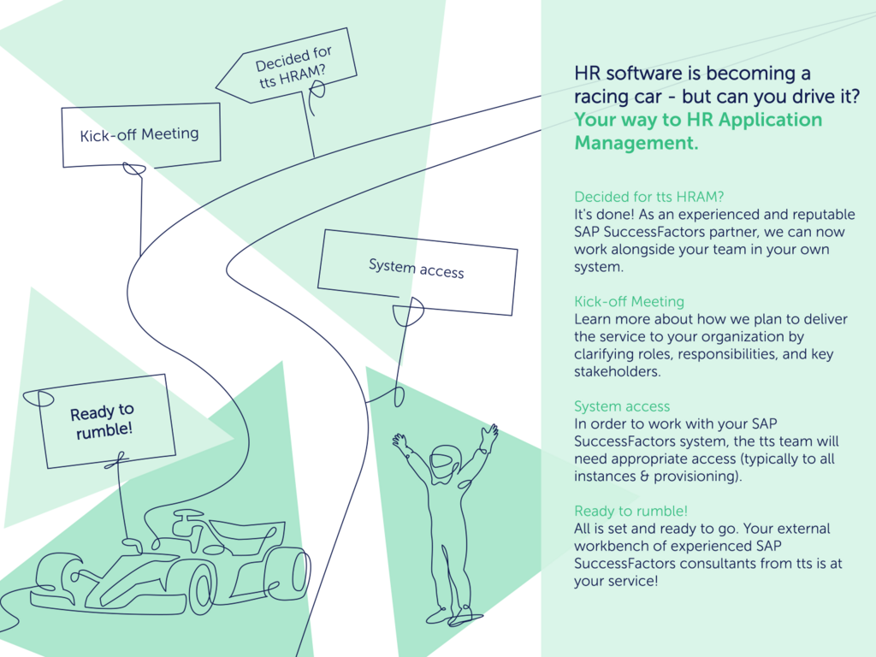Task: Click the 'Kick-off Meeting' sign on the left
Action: click(139, 134)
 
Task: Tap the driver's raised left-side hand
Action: click(399, 442)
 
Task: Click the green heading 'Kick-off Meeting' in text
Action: click(629, 301)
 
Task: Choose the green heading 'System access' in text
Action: click(622, 406)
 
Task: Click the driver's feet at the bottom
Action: click(449, 614)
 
